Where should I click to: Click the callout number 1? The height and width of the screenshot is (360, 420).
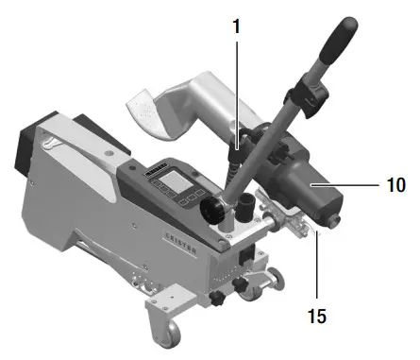coord(237,27)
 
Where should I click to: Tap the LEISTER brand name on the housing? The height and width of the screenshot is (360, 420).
coord(182,240)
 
